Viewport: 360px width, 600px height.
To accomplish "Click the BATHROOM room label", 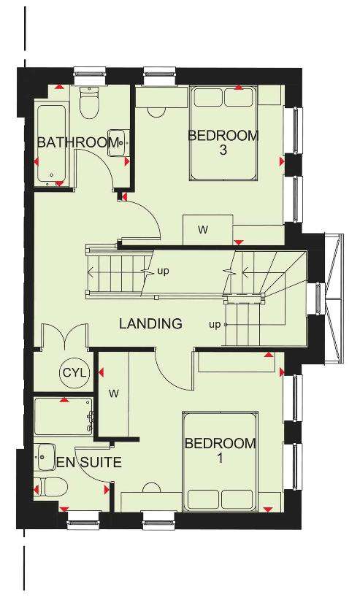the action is coord(77,142).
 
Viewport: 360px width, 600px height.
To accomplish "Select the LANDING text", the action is coord(150,324).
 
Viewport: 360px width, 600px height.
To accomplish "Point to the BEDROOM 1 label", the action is coord(220,450).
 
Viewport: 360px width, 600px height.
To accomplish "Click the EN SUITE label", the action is coord(89,462).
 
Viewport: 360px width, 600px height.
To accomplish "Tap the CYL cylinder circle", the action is coord(75,372).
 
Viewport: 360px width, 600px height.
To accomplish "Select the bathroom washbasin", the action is coord(118,143).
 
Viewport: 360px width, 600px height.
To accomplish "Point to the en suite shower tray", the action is coord(64,417).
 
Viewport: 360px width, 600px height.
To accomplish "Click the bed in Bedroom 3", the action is coord(223,133).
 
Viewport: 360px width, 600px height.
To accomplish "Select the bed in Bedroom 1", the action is coord(220,462).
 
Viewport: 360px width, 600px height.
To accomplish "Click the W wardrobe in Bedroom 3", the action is coord(208,230).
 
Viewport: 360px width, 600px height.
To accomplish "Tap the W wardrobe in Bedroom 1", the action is coord(114,393).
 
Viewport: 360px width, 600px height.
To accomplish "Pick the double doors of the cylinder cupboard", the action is coord(65,336).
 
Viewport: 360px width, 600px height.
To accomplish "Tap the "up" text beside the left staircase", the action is coord(163,272).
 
